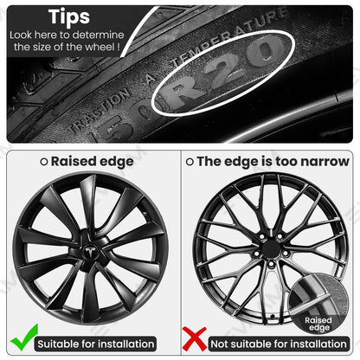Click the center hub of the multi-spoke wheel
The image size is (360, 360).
[x=271, y=247]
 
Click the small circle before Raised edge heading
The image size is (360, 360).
[x=44, y=161]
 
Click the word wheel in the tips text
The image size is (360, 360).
[x=101, y=47]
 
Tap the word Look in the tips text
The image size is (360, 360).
[x=22, y=34]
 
